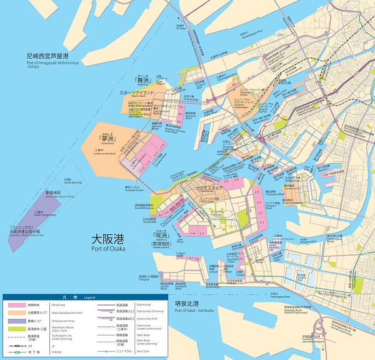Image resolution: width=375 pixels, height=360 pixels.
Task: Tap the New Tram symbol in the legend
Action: [x=107, y=351]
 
